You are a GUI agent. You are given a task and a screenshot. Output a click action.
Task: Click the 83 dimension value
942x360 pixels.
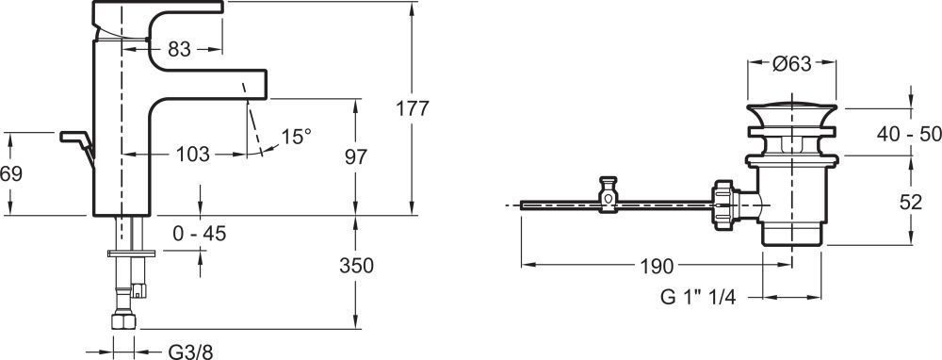pos(179,49)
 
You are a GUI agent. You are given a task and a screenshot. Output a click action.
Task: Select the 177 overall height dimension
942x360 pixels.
pos(413,108)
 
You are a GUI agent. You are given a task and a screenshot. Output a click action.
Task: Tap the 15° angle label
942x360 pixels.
pos(297,137)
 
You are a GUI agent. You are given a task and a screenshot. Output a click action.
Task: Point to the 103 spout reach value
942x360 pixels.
pos(193,155)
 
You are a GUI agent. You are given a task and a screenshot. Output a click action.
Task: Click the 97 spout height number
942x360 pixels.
pos(356,156)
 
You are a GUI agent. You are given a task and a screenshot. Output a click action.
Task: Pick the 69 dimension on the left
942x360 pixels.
pos(10,173)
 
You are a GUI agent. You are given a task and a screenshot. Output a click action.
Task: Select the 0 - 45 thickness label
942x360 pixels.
pos(200,233)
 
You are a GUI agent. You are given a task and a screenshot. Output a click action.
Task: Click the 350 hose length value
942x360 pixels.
pos(356,265)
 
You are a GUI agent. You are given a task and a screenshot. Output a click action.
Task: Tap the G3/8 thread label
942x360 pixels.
pos(190,352)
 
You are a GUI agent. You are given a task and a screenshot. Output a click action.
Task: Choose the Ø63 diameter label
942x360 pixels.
pos(792,64)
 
